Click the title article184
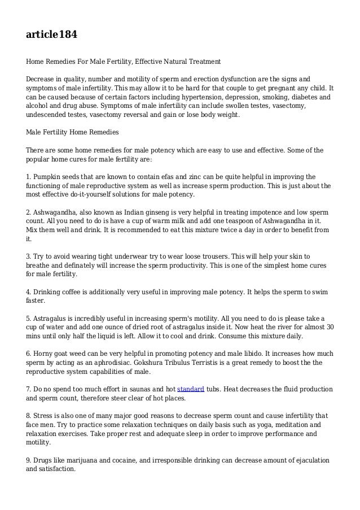(x=51, y=35)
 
